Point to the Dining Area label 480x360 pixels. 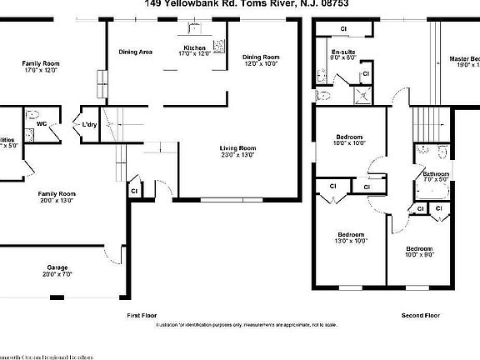135,52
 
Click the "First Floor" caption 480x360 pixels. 142,316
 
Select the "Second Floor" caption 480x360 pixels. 421,316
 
